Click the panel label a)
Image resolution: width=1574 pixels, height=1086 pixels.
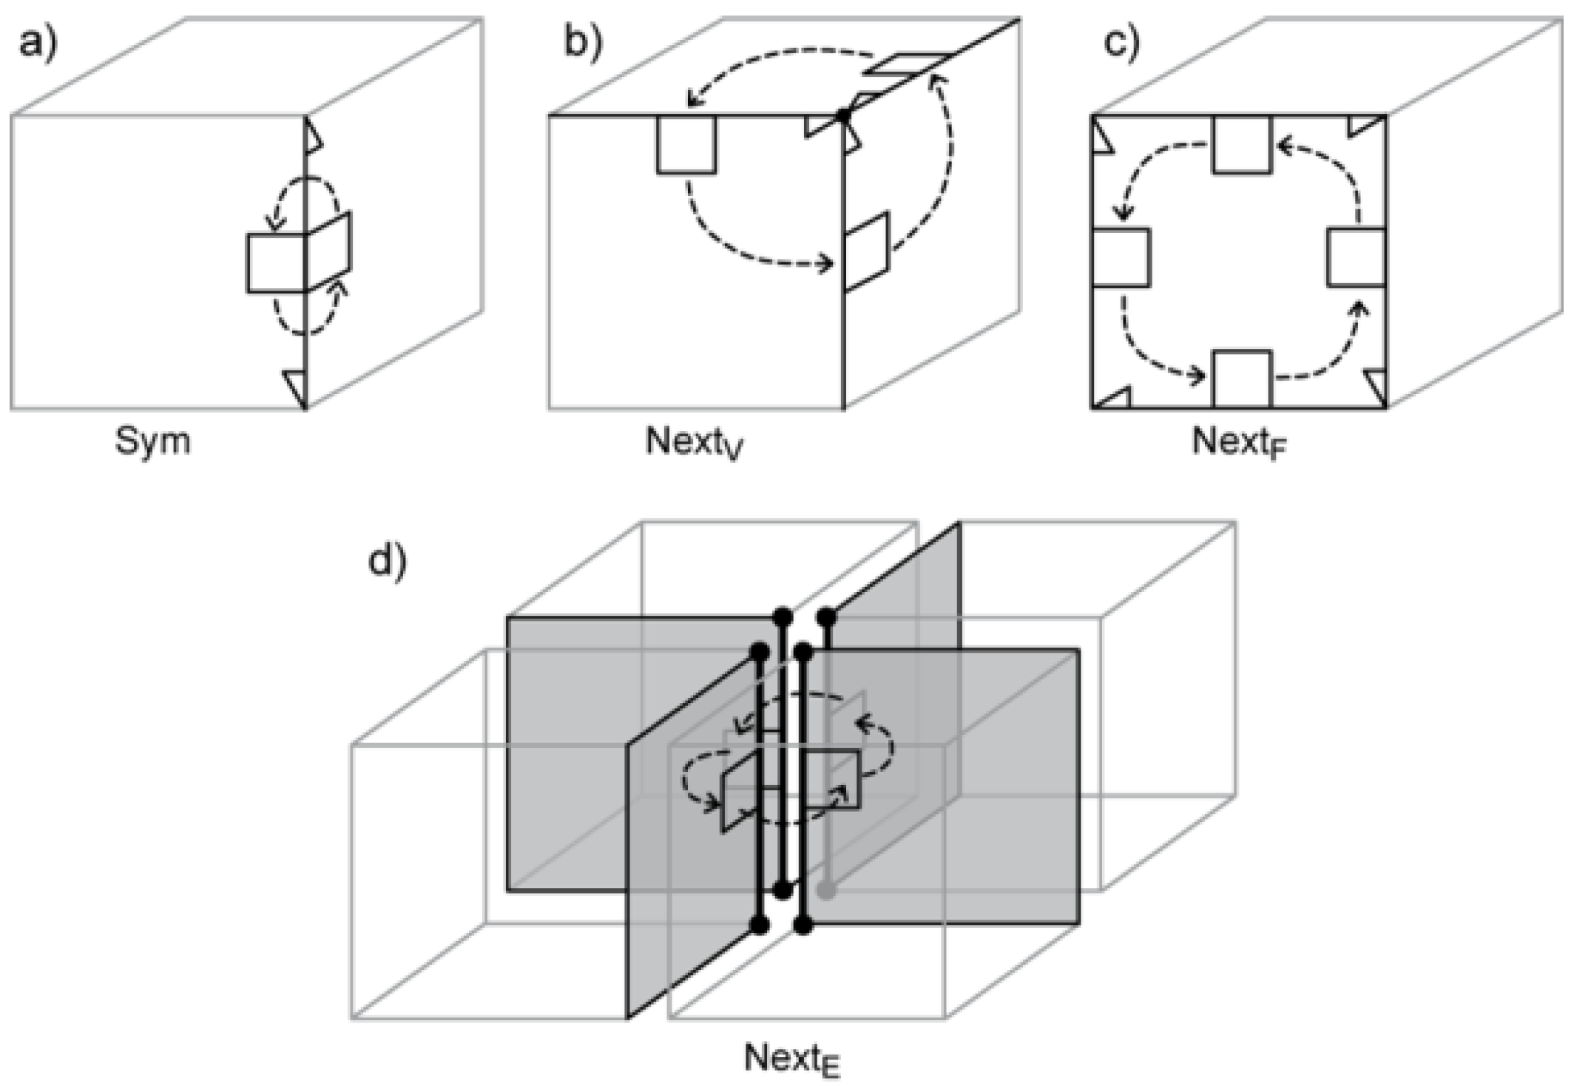coord(37,43)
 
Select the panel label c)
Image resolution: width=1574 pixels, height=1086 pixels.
coord(1121,43)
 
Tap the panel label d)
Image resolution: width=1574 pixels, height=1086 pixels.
coord(387,563)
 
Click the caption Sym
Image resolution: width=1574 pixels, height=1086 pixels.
coord(152,441)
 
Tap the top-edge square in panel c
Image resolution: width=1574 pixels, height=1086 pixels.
coord(1241,144)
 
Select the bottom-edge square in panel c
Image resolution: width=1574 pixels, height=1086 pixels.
coord(1242,380)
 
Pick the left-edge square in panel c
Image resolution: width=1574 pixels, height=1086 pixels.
coord(1121,258)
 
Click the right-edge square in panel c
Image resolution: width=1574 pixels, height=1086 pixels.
coord(1356,258)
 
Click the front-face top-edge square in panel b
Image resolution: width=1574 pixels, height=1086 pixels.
coord(686,144)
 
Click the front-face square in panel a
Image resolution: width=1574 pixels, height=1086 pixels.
coord(276,263)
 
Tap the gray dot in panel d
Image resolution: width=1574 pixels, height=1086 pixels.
coord(827,889)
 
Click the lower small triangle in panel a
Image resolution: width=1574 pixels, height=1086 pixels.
coord(297,384)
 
